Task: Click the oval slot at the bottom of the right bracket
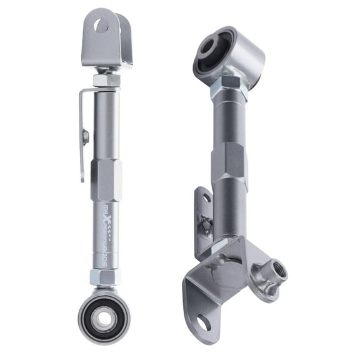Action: click(201, 322)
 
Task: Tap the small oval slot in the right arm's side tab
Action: click(206, 198)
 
